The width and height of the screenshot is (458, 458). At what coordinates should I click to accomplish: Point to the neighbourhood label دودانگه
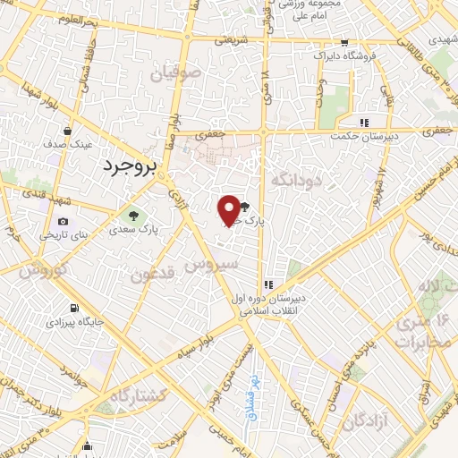point(293,182)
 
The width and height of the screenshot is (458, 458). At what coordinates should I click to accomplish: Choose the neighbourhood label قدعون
point(150,273)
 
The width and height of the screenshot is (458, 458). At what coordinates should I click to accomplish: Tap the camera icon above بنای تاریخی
point(62,222)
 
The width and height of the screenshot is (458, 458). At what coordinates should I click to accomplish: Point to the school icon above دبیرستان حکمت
point(363,123)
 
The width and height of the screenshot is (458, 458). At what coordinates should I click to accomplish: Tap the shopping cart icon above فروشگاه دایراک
point(344,43)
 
